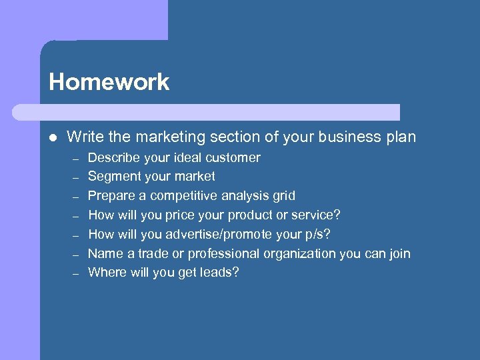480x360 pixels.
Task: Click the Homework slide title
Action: point(109,82)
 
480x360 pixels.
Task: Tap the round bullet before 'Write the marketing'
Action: point(53,138)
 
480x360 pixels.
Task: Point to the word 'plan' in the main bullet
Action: point(401,137)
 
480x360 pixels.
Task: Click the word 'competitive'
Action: point(185,196)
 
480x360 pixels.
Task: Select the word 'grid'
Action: point(283,196)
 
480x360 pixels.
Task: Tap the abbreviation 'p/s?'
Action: point(317,235)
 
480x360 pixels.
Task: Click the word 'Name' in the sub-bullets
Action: point(104,254)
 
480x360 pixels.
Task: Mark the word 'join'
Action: point(398,254)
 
